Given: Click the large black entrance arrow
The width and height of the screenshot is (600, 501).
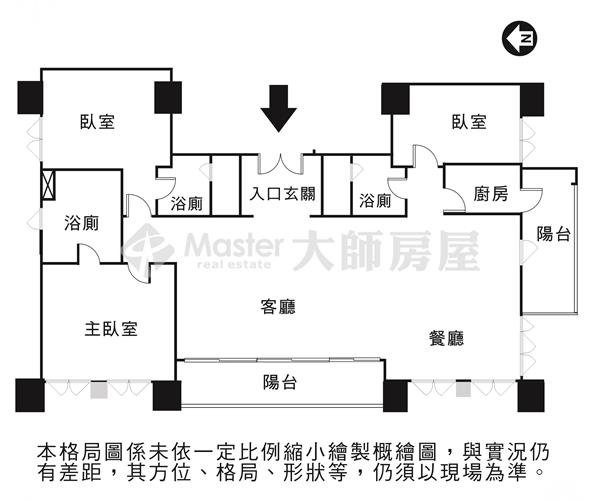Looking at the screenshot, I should [x=279, y=111].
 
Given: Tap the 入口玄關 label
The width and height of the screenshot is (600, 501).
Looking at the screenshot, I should [x=282, y=193].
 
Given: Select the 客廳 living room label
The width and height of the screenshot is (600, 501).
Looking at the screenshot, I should [x=279, y=306].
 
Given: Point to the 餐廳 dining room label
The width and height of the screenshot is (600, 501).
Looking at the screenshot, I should [x=447, y=338].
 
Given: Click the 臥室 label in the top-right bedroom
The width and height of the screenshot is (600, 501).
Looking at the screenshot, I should [x=468, y=122].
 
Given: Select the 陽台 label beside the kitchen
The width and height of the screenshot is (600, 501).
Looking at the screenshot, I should [x=553, y=234].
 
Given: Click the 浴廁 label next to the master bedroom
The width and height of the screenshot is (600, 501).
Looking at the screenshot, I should [x=81, y=222].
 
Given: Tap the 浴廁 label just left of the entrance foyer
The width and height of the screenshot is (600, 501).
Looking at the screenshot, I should [x=186, y=203].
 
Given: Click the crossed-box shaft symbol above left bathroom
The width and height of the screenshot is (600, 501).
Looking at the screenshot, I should [x=47, y=187].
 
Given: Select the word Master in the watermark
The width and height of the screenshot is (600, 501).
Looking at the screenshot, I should [x=233, y=245].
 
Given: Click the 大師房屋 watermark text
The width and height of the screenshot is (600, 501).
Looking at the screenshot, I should [x=385, y=250].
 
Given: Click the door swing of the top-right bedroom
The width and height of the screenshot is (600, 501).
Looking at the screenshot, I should [x=425, y=156].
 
